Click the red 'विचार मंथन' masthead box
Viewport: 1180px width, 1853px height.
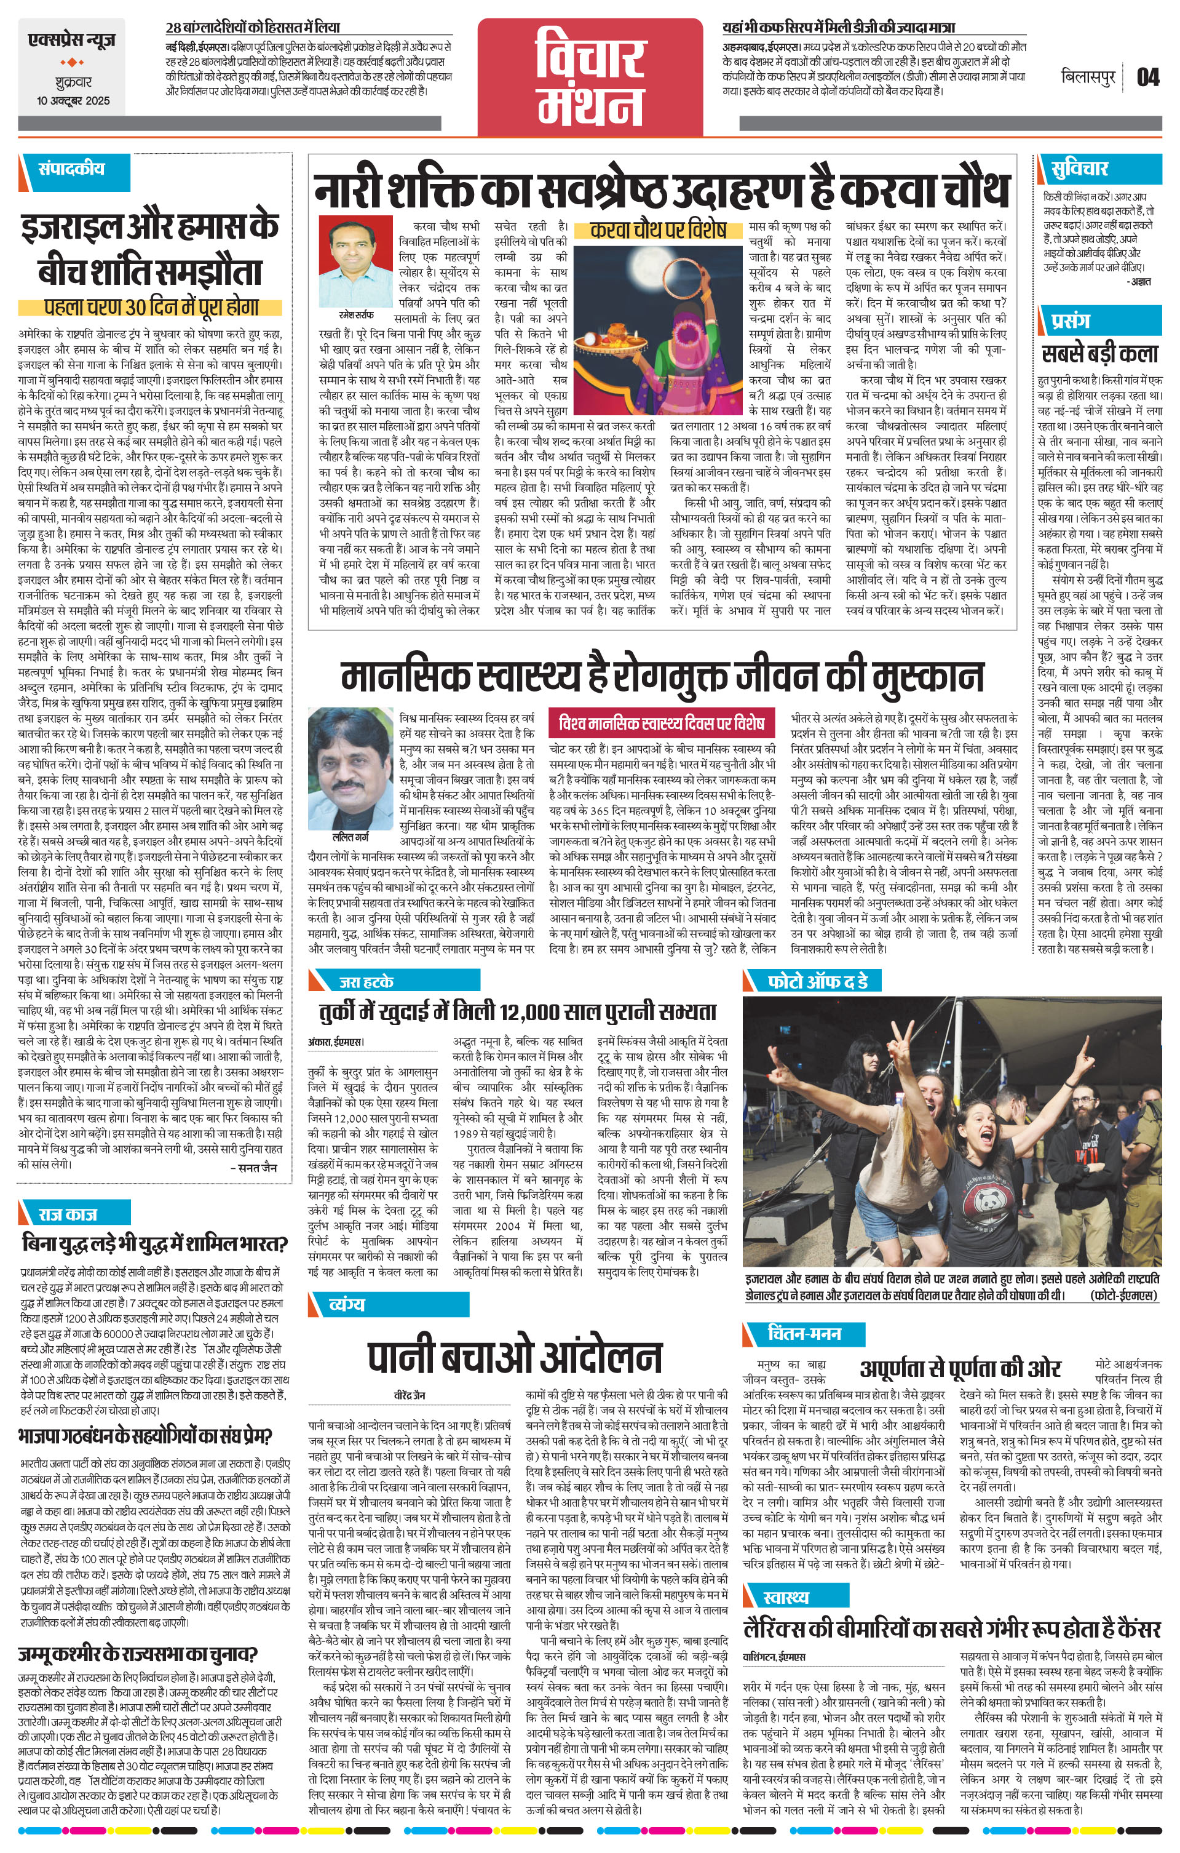590,77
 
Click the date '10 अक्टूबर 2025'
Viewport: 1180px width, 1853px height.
73,101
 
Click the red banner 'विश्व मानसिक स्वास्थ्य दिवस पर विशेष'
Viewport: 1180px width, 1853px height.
662,723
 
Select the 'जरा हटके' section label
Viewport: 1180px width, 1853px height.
366,982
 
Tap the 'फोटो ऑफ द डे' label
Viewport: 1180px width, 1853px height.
817,981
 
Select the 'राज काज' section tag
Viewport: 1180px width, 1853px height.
68,1214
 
